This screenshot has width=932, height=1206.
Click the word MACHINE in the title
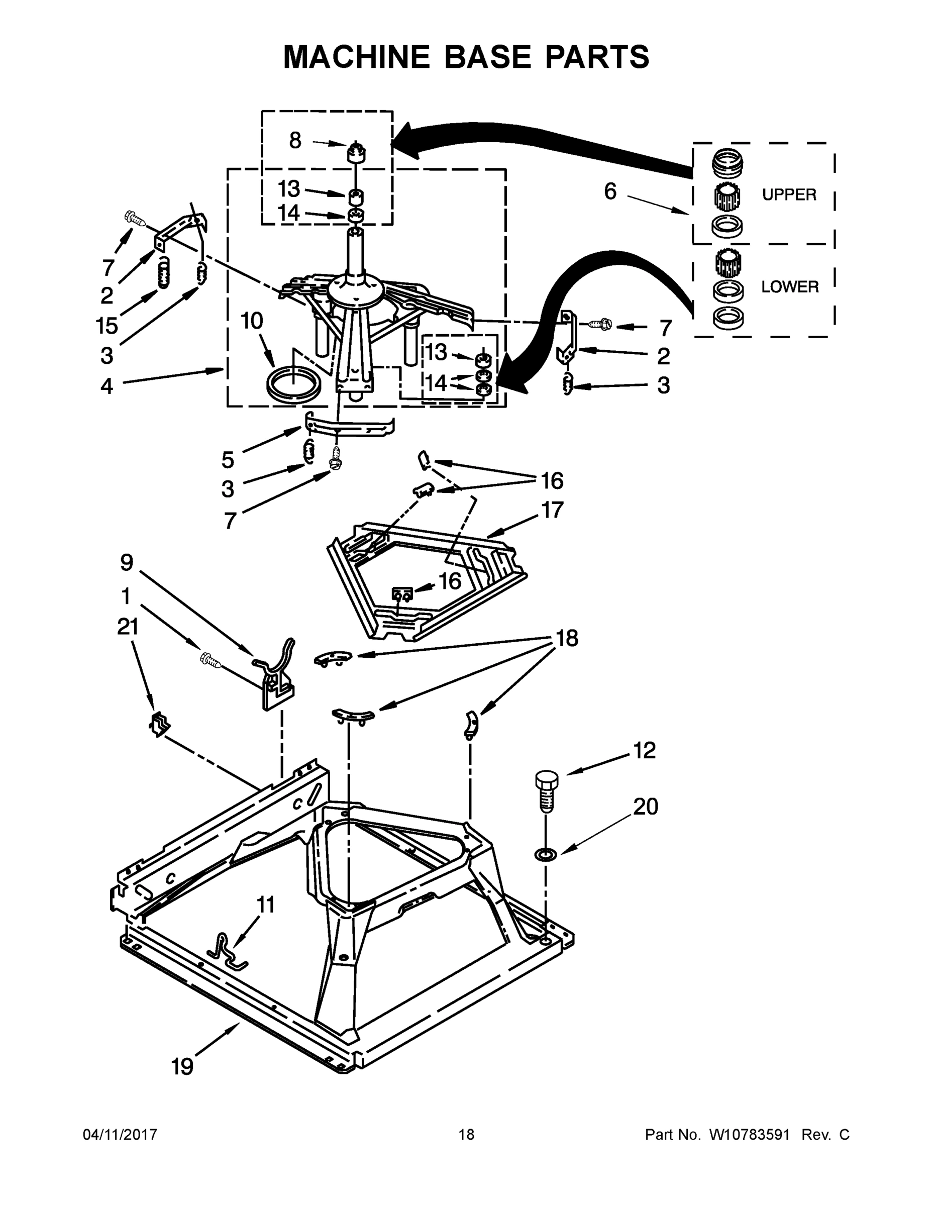[x=356, y=57]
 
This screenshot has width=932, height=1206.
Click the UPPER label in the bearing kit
[x=788, y=194]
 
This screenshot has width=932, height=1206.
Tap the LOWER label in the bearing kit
[x=789, y=286]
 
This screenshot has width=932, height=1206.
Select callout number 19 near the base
[x=182, y=1066]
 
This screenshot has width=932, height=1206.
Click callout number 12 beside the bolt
[x=644, y=750]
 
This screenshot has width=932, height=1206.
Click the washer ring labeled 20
[x=546, y=855]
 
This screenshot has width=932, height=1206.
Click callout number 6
[x=609, y=191]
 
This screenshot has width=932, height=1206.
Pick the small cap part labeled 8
[x=357, y=152]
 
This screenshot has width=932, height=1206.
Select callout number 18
[x=567, y=638]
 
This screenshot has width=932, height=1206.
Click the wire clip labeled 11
[x=227, y=951]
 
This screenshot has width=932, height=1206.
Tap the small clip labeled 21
[x=160, y=724]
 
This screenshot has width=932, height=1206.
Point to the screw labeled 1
[x=211, y=660]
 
